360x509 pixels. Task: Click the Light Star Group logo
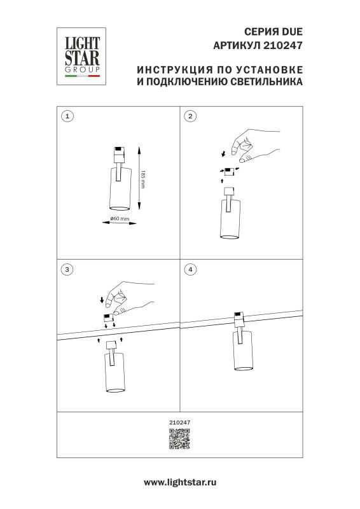81,54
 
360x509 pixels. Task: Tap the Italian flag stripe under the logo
81,78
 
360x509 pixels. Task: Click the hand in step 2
251,146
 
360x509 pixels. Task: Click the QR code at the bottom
179,439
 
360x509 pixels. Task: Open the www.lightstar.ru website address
180,483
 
